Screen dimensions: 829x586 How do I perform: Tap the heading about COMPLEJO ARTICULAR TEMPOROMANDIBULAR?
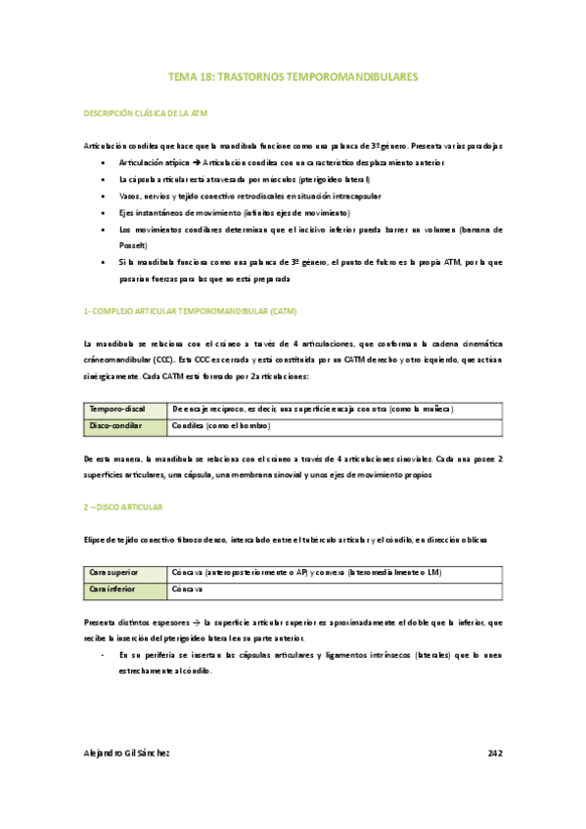coord(191,311)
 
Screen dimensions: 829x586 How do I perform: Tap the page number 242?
coord(494,754)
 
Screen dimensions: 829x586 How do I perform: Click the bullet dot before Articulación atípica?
coord(103,163)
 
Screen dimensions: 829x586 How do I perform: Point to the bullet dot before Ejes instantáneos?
coord(103,213)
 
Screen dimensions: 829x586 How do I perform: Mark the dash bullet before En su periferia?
coord(104,654)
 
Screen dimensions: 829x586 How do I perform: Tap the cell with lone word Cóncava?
coord(187,590)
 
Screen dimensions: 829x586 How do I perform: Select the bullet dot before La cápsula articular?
coord(103,180)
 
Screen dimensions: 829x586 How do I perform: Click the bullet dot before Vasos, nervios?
coord(103,196)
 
